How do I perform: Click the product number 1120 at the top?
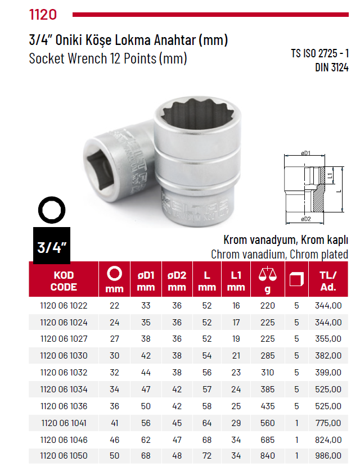pos(43,13)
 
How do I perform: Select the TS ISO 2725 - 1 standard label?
pos(319,54)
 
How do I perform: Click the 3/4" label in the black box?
pos(52,246)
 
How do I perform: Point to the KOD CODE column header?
pos(64,280)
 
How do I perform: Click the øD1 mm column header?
pos(146,280)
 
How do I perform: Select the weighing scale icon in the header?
pos(268,275)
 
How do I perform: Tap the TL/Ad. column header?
pos(328,280)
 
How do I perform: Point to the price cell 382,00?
pos(328,356)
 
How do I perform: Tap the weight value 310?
pos(267,372)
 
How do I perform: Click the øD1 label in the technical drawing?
pos(307,153)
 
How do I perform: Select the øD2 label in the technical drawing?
pos(307,219)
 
